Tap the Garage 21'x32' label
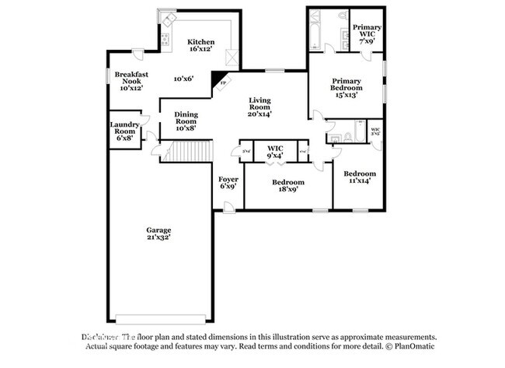pyautogui.click(x=158, y=234)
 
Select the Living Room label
pyautogui.click(x=259, y=107)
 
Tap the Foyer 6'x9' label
pyautogui.click(x=228, y=184)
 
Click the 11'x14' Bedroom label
pyautogui.click(x=360, y=177)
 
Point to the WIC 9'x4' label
pyautogui.click(x=275, y=152)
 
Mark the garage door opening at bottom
pyautogui.click(x=161, y=319)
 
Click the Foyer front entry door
pyautogui.click(x=227, y=207)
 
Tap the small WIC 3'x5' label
pyautogui.click(x=375, y=131)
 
